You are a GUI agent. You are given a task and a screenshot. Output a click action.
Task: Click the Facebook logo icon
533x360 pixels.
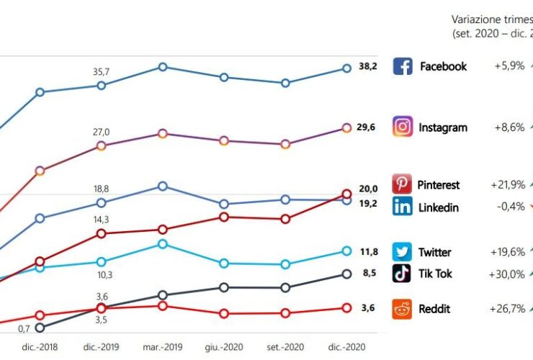[x=403, y=66]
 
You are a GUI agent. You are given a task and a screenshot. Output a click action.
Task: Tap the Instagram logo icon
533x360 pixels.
[x=403, y=127]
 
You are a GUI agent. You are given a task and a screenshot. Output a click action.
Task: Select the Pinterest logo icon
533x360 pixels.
[x=402, y=184]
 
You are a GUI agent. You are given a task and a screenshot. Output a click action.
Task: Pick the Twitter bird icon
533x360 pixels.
[x=402, y=252]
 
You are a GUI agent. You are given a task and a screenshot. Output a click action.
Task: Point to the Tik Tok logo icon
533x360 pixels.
[x=402, y=274]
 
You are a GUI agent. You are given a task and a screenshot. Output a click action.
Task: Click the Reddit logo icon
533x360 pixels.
[x=402, y=309]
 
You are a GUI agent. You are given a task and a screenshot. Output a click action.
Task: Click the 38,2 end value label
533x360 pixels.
[x=368, y=66]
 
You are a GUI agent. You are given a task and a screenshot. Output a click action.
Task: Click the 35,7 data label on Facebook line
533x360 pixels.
[x=101, y=71]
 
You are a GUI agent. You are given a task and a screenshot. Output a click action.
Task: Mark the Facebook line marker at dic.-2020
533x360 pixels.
[x=346, y=68]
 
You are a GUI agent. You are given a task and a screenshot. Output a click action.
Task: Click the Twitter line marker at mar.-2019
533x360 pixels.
[x=163, y=244]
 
